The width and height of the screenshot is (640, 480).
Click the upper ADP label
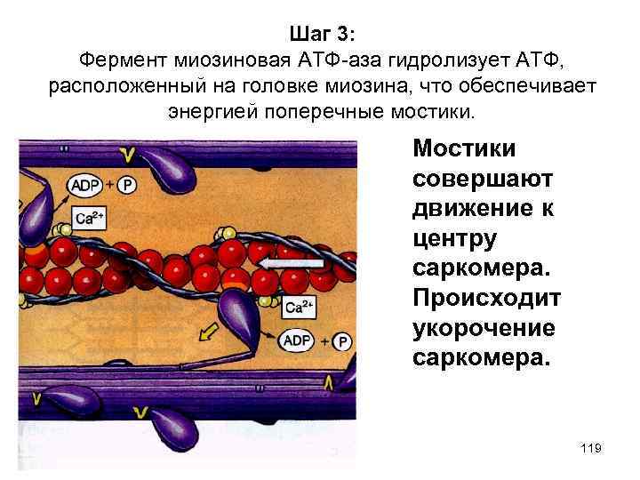pyautogui.click(x=84, y=185)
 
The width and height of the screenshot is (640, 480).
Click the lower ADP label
pyautogui.click(x=296, y=340)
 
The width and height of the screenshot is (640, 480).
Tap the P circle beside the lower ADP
pyautogui.click(x=343, y=341)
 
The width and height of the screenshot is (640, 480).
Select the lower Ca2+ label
pyautogui.click(x=300, y=308)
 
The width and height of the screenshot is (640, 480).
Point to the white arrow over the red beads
pyautogui.click(x=292, y=264)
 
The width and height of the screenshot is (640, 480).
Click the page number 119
pyautogui.click(x=590, y=449)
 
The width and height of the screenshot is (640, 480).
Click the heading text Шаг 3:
pyautogui.click(x=321, y=34)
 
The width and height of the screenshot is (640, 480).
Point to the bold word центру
pyautogui.click(x=455, y=239)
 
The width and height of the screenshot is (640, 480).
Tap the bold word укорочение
pyautogui.click(x=484, y=328)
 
